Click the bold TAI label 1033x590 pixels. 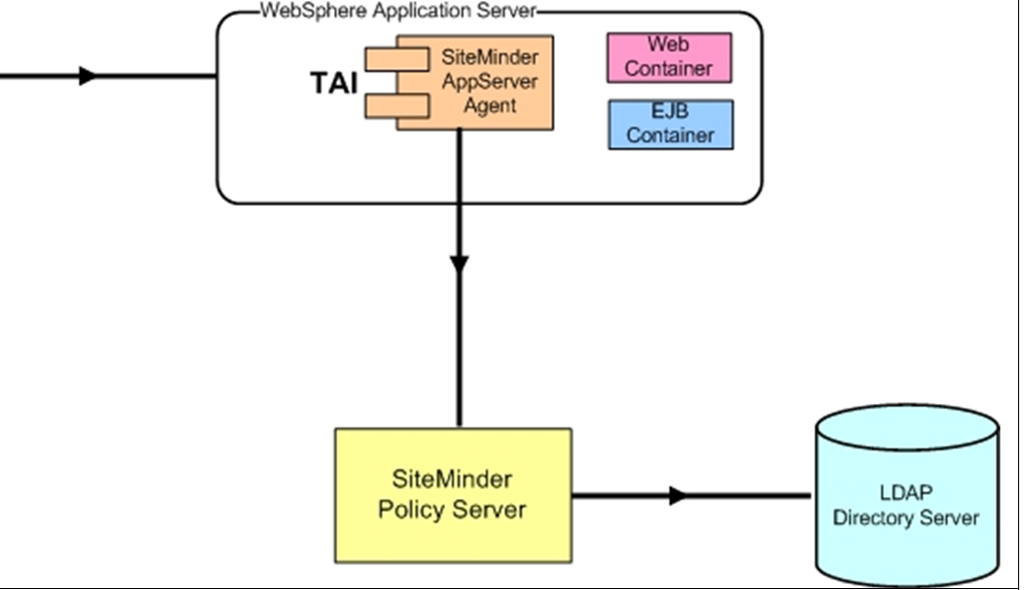(335, 83)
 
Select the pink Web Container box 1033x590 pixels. (669, 57)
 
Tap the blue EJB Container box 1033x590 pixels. (670, 125)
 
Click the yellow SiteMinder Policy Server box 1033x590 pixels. (453, 494)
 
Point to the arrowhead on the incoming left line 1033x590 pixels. (88, 75)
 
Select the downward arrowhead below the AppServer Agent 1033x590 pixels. (459, 264)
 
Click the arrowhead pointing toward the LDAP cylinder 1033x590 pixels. (677, 495)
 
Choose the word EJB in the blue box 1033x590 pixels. (669, 114)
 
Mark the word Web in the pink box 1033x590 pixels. (668, 45)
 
